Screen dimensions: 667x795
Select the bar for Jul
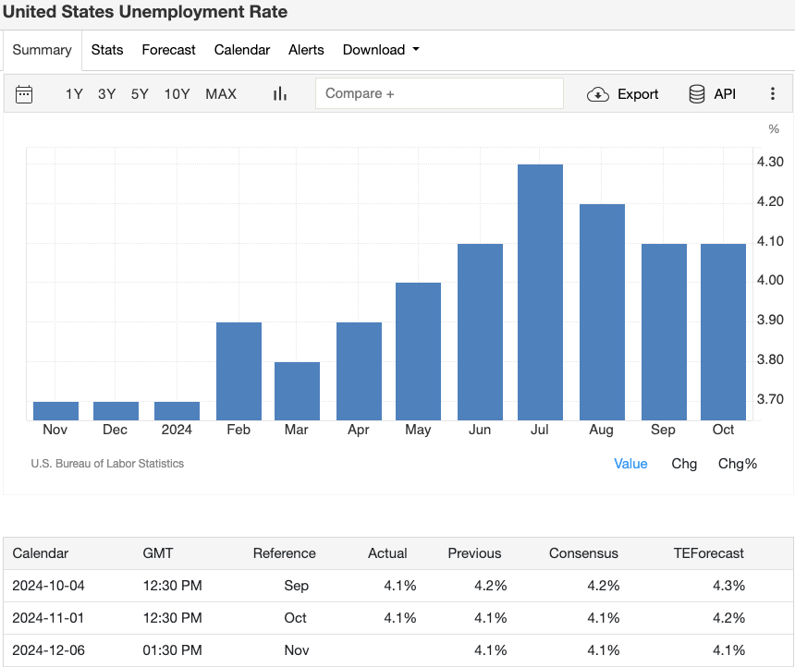pos(540,292)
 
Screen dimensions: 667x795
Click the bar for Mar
pos(297,391)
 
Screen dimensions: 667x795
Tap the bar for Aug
pos(602,312)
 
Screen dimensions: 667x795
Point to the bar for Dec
pos(116,411)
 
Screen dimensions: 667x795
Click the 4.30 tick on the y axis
pos(770,163)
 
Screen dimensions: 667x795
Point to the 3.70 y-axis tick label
pos(770,399)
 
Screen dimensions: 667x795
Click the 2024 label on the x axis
pos(177,430)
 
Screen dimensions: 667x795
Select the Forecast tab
pos(168,50)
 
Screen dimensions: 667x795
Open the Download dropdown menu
pos(381,50)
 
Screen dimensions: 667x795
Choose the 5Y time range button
pos(140,94)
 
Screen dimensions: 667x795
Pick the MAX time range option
pos(221,94)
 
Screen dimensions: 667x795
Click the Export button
pos(623,94)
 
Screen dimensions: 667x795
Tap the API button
pos(712,94)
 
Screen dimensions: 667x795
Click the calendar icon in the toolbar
pos(24,94)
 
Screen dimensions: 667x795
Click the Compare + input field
pos(439,94)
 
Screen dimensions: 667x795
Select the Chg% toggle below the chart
pos(737,464)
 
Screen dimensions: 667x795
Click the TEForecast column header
pos(709,553)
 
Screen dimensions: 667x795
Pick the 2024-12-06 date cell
pos(48,650)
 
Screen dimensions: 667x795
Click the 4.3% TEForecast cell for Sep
pos(728,586)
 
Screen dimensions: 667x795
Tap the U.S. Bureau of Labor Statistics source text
pos(107,464)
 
